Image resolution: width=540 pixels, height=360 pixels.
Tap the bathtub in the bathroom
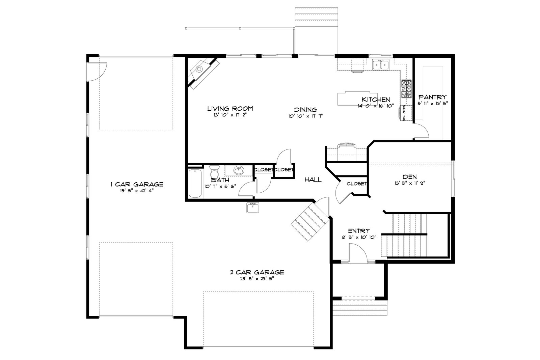click(x=195, y=183)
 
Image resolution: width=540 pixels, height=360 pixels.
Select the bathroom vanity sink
click(x=239, y=171)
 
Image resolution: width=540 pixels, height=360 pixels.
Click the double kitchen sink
click(x=381, y=64)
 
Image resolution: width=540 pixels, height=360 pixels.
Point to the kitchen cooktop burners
click(x=406, y=89)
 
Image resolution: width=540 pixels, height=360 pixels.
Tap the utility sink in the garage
click(x=253, y=208)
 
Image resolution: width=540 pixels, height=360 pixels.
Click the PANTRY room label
click(x=432, y=97)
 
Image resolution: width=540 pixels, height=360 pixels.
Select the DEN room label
click(x=410, y=177)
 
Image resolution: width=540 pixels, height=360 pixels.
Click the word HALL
click(x=313, y=179)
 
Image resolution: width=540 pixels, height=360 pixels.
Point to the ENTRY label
click(x=359, y=231)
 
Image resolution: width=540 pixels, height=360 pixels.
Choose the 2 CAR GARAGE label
click(x=257, y=272)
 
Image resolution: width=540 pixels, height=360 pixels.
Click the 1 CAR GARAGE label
click(x=137, y=184)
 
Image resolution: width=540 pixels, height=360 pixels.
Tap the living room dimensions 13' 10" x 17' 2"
click(x=230, y=115)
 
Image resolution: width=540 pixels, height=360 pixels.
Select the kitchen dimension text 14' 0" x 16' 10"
click(x=376, y=106)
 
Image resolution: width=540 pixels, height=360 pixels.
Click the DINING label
click(x=305, y=110)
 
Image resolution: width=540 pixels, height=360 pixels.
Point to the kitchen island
click(x=357, y=98)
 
